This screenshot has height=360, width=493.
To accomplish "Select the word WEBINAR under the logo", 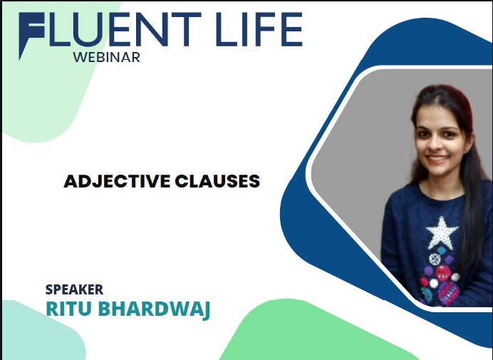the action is (x=107, y=57).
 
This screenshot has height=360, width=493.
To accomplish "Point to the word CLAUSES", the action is (x=217, y=181).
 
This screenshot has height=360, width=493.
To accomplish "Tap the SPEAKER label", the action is (x=74, y=289).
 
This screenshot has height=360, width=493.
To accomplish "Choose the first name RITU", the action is (x=69, y=309).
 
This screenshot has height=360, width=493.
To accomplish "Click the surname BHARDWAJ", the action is (x=154, y=309).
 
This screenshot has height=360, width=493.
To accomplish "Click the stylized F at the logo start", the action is (x=31, y=35).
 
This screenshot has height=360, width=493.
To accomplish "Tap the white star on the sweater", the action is (x=442, y=232).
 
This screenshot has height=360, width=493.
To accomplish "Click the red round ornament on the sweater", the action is (x=443, y=272).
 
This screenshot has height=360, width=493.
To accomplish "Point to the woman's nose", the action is (x=435, y=145).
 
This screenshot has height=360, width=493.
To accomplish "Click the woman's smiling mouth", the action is (x=437, y=158).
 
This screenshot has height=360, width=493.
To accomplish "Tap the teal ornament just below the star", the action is (x=442, y=250).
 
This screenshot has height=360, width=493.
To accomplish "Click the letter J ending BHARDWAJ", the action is (x=205, y=311).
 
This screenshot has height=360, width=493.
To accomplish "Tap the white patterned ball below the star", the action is (x=435, y=259).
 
